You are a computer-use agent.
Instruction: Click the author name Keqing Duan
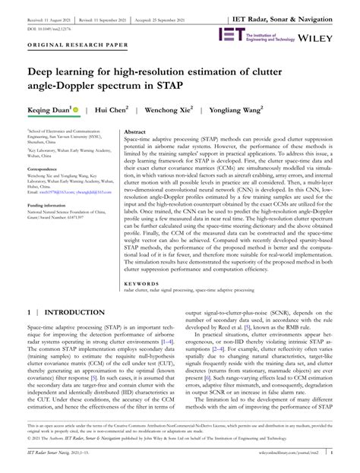click(49, 110)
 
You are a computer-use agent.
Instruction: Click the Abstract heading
click(134, 131)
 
